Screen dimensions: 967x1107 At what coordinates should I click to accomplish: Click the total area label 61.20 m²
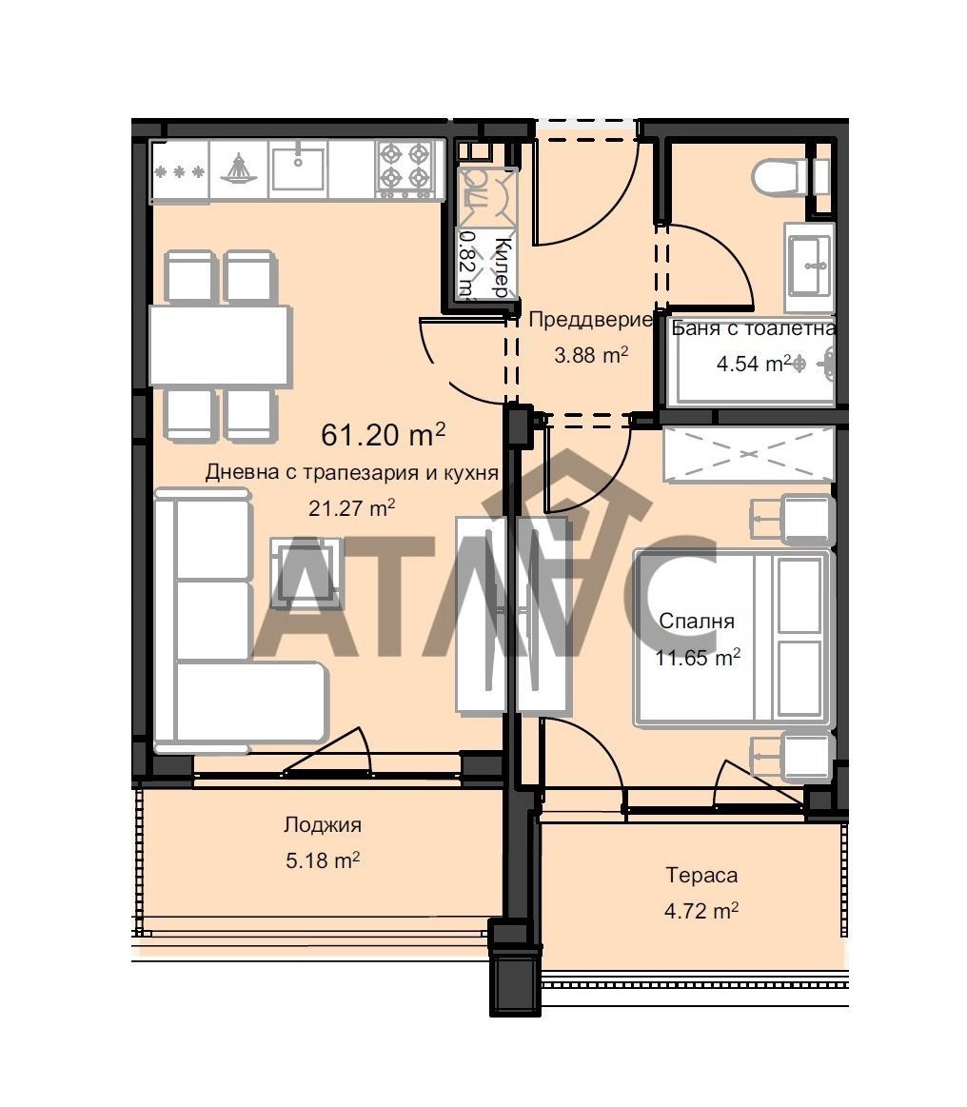tap(384, 434)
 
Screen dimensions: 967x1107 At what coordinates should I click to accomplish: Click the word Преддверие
tap(589, 320)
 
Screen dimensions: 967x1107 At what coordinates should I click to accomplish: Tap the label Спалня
tap(697, 622)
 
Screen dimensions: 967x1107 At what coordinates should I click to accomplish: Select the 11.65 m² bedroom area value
tap(698, 658)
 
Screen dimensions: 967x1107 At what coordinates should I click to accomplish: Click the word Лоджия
tap(323, 824)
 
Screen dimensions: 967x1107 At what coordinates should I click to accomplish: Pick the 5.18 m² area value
tap(323, 860)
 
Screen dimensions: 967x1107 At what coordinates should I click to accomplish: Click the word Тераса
tap(701, 876)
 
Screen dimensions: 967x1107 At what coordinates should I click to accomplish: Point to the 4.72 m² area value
tap(701, 911)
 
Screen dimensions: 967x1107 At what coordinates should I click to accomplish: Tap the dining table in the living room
tap(220, 346)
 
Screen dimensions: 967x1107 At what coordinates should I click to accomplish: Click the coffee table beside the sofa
tap(307, 573)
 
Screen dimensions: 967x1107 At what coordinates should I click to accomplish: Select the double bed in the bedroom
tap(733, 639)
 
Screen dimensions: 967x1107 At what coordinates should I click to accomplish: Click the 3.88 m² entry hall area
tap(591, 354)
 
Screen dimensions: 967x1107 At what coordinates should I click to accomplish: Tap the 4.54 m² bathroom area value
tap(753, 364)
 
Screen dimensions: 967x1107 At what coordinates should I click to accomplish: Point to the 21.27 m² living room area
tap(351, 507)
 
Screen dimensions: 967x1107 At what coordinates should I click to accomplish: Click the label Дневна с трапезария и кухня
tap(351, 472)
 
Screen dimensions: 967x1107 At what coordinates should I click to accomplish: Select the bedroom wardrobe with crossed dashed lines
tap(749, 455)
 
